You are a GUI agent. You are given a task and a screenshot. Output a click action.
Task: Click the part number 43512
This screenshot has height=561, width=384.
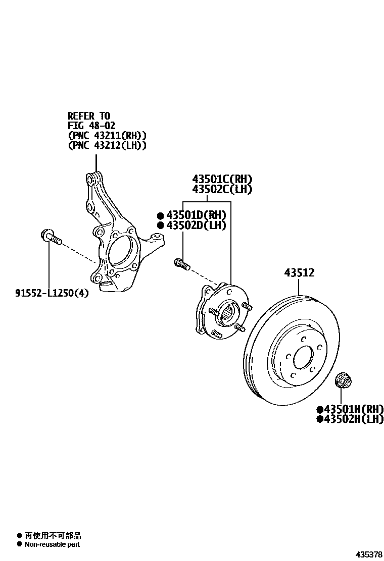point(299,273)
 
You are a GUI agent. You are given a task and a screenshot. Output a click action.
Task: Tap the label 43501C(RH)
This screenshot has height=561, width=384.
point(222,179)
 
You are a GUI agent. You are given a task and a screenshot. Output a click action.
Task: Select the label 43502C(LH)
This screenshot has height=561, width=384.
point(222,190)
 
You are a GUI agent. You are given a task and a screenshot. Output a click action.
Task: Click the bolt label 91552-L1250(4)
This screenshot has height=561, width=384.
point(52,293)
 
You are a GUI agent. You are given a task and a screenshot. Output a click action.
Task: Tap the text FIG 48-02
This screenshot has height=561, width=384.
point(92,126)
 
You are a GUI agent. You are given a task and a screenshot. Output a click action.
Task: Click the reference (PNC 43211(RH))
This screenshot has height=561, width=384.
point(107,135)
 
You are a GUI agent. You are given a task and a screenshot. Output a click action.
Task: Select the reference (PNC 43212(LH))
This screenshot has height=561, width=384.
point(107,145)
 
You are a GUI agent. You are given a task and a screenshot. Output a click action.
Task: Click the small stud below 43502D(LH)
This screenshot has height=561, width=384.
point(181,263)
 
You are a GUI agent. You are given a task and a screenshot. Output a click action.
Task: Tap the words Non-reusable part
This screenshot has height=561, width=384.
point(52,544)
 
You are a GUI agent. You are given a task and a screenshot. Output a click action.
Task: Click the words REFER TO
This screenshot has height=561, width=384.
point(89,116)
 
